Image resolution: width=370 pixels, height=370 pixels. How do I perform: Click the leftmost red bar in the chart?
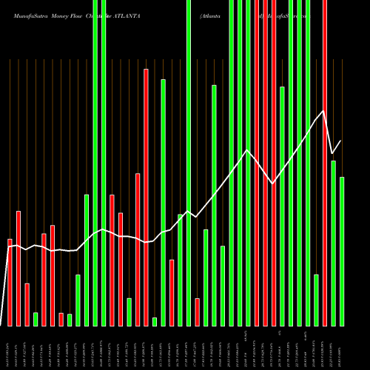pyautogui.click(x=10, y=282)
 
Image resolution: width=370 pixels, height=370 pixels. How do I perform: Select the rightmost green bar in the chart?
pyautogui.click(x=342, y=252)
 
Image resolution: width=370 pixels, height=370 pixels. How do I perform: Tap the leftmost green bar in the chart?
pyautogui.click(x=36, y=319)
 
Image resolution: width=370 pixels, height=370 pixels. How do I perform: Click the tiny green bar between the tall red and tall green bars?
pyautogui.click(x=155, y=321)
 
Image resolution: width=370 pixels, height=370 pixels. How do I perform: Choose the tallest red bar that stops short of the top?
pyautogui.click(x=147, y=197)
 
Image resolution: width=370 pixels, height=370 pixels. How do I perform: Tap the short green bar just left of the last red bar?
pyautogui.click(x=316, y=300)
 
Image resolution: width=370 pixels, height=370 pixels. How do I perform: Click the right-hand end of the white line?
pyautogui.click(x=341, y=141)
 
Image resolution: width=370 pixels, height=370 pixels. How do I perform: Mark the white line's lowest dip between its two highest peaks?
pyautogui.click(x=273, y=184)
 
